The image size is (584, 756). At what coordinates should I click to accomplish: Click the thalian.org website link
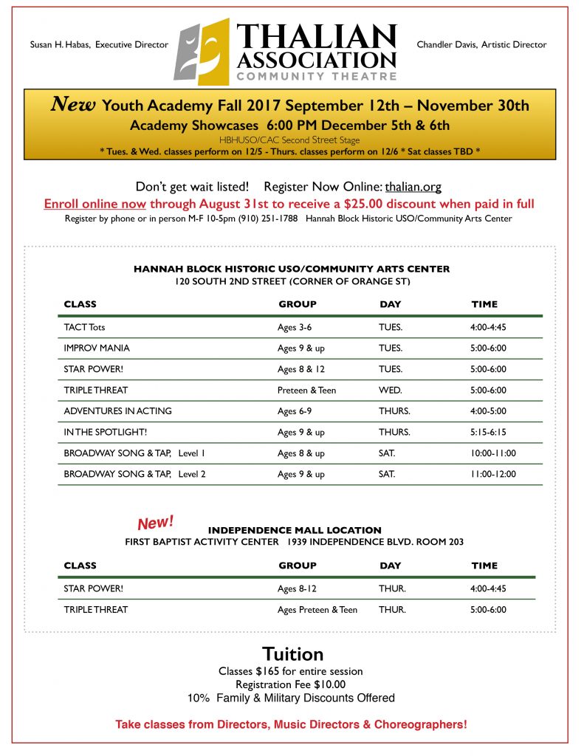413,188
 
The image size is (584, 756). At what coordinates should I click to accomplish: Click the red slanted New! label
156,523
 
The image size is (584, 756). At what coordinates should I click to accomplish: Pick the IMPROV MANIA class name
97,348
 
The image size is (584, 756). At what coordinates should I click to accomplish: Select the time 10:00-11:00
493,453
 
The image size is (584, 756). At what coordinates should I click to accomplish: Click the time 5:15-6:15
489,433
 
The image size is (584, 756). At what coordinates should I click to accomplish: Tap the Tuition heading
292,654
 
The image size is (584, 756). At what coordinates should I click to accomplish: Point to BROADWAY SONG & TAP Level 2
134,475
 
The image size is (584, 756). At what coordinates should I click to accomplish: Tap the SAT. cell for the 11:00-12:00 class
387,475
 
